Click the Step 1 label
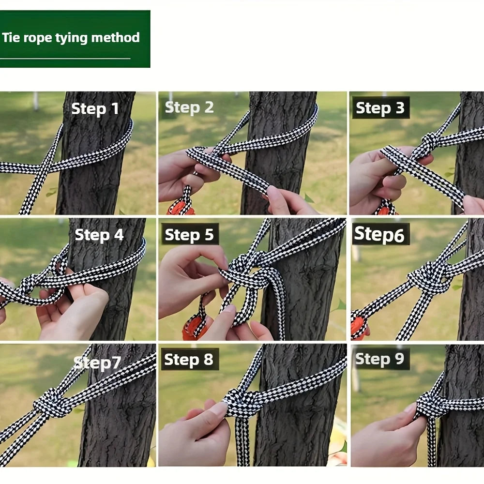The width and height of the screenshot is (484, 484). point(95,108)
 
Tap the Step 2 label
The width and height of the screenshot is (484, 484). point(189,107)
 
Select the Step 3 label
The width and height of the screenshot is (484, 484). point(380,108)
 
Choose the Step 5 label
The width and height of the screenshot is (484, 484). point(189,235)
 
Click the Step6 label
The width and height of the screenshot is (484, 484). point(379,234)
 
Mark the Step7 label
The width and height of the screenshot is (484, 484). point(97,362)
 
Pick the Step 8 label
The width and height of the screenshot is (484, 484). point(189,360)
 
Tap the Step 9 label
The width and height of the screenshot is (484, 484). point(379,359)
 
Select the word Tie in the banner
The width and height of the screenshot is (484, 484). point(11,38)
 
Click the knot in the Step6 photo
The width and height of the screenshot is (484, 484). point(428,278)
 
